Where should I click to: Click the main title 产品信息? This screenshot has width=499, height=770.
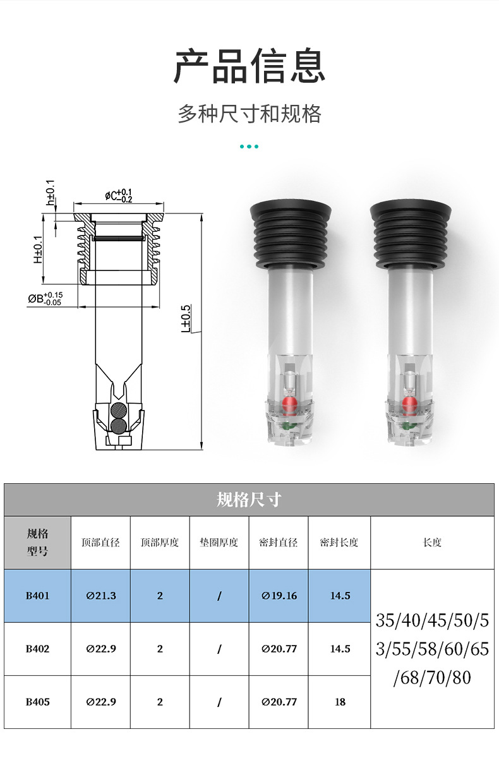coord(249,66)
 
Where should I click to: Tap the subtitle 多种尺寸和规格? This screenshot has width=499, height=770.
coord(249,114)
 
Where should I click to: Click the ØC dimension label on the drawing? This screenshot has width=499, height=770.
coord(119,196)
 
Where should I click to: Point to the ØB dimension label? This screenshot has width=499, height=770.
coord(45,299)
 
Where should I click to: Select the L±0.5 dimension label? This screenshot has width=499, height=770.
coord(186,318)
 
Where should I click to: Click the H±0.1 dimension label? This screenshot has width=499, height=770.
coord(38,250)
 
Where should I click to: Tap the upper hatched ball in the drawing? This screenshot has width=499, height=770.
coord(119,411)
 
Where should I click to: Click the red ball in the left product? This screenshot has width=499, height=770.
coord(289,405)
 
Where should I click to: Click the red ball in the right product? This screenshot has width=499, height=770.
coord(410,405)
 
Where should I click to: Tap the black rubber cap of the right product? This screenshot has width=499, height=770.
coord(411,234)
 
